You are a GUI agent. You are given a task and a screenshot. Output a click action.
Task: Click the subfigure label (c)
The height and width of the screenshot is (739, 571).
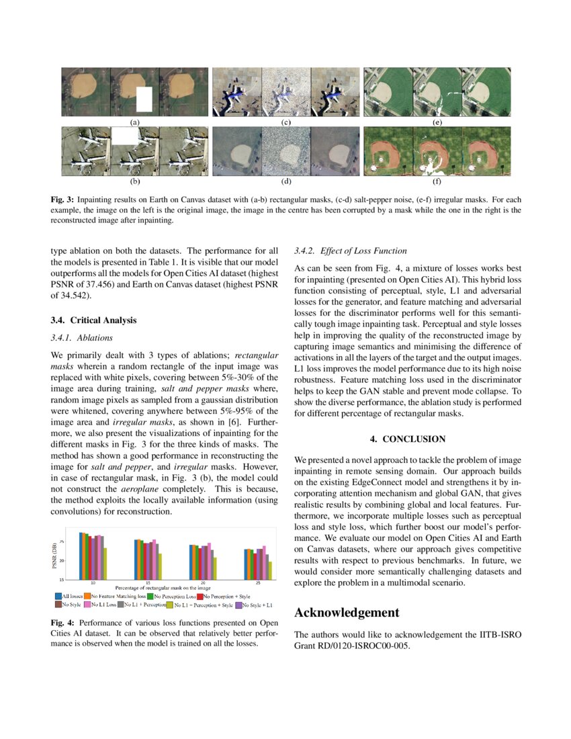[285, 123]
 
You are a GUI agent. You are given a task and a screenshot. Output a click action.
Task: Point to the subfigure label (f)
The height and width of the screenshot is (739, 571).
[437, 181]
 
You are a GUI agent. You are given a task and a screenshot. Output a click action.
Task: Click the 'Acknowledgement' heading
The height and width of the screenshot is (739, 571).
[347, 612]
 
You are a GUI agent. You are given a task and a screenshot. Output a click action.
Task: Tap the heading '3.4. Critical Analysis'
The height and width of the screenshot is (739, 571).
[97, 320]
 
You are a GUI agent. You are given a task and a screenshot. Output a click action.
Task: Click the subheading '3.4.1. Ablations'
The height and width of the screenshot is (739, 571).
[82, 337]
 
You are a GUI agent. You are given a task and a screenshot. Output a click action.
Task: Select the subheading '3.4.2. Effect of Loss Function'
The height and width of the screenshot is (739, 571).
[351, 251]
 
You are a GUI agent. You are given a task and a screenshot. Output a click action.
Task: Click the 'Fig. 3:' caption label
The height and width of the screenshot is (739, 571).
[64, 200]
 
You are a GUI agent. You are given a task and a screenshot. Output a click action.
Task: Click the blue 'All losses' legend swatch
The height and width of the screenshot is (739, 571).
[57, 596]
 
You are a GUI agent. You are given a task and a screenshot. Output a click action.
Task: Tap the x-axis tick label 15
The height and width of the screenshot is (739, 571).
[147, 582]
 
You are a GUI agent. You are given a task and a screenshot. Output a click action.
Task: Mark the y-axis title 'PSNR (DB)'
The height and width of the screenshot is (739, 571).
[55, 556]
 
